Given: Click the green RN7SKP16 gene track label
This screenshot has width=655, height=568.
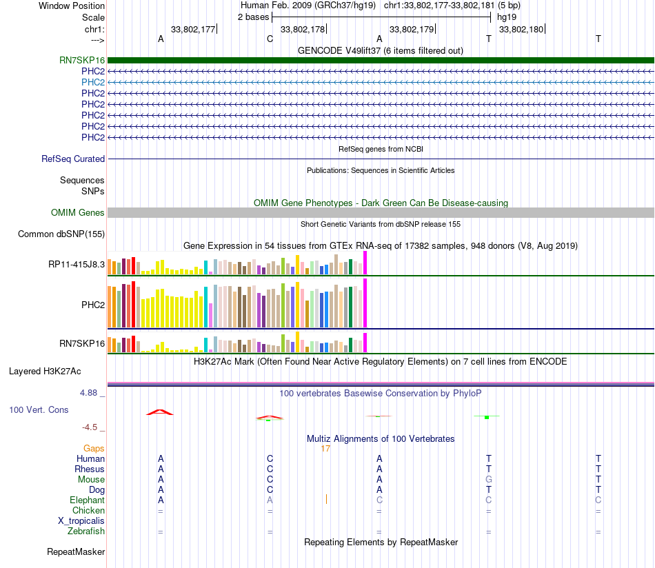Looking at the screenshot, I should coord(82,60).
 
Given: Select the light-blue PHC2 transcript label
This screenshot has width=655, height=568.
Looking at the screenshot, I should coord(93,82).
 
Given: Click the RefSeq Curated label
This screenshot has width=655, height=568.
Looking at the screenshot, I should coord(73,159).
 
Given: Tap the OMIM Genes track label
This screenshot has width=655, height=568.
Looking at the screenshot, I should coord(78,213).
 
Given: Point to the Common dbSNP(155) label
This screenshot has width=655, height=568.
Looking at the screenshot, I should coord(61,234).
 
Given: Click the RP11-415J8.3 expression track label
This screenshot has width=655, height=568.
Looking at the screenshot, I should coord(77,264).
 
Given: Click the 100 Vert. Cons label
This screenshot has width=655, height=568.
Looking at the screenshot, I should coord(39,409).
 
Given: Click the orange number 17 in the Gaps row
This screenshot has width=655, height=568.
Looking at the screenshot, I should coord(325,449).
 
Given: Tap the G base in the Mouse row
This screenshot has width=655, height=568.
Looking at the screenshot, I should coord(489,479).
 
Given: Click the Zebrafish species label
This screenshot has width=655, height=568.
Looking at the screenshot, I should coord(86,531).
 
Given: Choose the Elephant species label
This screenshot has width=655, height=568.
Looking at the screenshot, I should coord(87,500).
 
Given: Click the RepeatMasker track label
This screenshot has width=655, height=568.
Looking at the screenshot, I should coord(76,552).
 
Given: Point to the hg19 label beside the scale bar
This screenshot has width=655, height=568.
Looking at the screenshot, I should coord(506,17).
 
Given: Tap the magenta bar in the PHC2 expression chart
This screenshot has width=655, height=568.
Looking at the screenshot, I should coord(365,303).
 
